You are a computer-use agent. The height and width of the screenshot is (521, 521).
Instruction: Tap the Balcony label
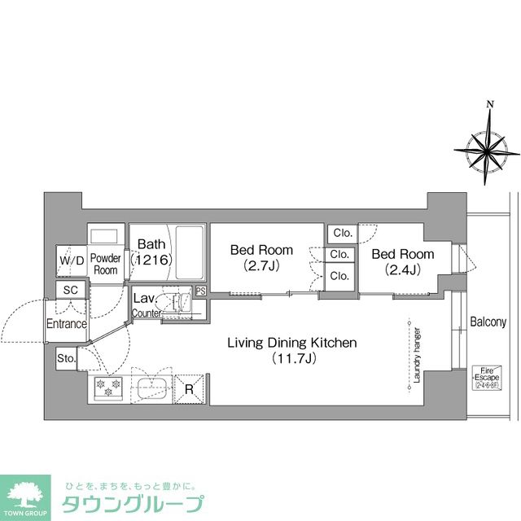pos(488,322)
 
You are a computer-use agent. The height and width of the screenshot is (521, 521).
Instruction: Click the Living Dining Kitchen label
pos(291,343)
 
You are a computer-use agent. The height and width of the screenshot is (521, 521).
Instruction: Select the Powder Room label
pos(106,264)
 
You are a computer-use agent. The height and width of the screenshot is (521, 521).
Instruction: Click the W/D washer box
pos(68,260)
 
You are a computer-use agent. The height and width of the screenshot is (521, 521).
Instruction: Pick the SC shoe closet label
pos(69,290)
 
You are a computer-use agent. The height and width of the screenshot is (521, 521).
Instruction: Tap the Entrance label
pos(66,323)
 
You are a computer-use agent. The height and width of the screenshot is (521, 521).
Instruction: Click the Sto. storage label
pos(66,358)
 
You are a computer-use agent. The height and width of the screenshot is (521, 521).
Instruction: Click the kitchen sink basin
pos(151,389)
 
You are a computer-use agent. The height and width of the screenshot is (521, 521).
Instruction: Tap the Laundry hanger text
pos(415,355)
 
